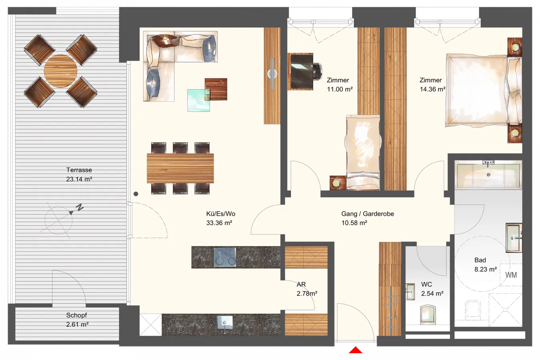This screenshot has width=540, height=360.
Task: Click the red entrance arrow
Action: (355, 350)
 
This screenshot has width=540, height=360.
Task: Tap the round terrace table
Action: (60, 71)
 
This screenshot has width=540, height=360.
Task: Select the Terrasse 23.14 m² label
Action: (79, 174)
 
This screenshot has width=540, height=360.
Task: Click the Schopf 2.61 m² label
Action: (77, 320)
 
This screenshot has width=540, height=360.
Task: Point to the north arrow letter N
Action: (80, 207)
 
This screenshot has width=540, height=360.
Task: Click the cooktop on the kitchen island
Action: (225, 258)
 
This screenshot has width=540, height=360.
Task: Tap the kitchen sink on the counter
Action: (225, 323)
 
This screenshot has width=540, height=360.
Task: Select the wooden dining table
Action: (180, 168)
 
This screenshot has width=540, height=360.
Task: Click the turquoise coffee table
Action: (198, 100)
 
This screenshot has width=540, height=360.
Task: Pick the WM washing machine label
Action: (511, 275)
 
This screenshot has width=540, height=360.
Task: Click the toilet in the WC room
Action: (428, 315)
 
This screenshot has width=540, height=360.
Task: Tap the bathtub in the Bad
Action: (488, 175)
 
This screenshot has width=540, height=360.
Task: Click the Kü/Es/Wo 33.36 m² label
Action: (220, 218)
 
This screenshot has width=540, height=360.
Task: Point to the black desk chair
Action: (318, 71)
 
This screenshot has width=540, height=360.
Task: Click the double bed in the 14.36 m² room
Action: (483, 90)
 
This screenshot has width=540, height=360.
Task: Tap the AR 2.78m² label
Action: (307, 289)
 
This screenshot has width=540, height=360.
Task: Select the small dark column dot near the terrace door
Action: (136, 194)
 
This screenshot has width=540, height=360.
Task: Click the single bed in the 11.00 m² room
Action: (363, 152)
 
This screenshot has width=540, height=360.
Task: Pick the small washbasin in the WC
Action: (410, 292)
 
